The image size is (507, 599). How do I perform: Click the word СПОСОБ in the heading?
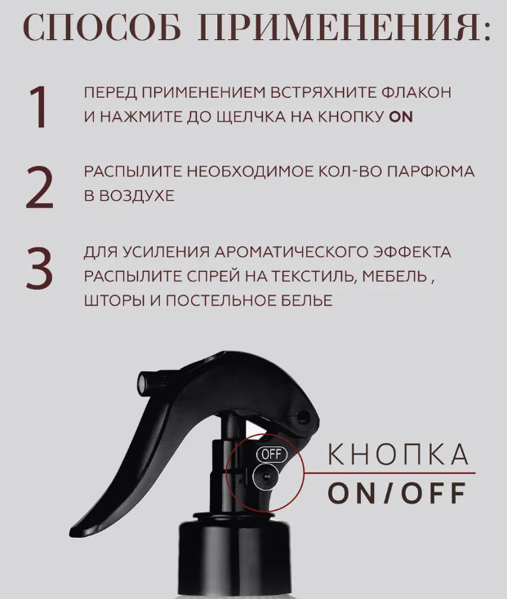[102, 28]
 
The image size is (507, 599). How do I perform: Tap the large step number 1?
[38, 107]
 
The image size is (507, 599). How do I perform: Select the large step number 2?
[39, 188]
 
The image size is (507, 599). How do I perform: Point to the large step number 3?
[39, 268]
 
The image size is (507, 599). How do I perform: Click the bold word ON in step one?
[401, 117]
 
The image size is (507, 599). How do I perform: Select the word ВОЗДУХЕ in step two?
[136, 196]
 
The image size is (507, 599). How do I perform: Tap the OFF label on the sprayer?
[272, 455]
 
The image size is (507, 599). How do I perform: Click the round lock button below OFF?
[266, 477]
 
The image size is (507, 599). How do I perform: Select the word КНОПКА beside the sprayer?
[398, 455]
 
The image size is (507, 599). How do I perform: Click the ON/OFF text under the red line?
[397, 493]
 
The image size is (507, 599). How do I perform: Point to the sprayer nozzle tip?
[142, 384]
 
